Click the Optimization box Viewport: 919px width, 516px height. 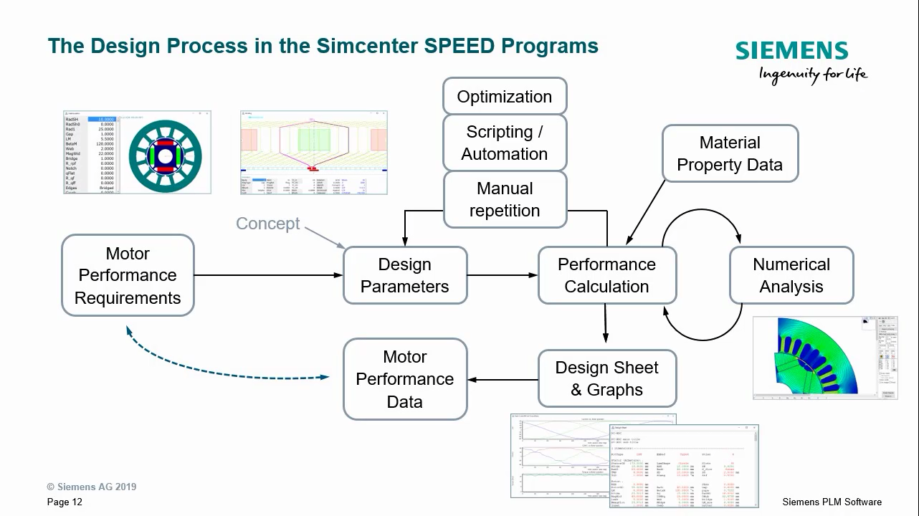(505, 96)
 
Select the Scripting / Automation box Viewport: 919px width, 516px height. (505, 143)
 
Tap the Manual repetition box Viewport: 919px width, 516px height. (505, 199)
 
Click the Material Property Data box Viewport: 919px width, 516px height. (729, 153)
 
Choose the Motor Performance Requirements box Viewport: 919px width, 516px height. (128, 275)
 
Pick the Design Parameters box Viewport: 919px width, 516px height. (405, 275)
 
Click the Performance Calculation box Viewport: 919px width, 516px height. (606, 275)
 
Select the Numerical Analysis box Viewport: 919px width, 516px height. (791, 275)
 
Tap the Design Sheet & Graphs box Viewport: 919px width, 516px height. (606, 378)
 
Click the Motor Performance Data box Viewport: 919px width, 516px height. (405, 379)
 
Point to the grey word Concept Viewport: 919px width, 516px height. (268, 224)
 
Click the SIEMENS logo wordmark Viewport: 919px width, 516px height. (791, 51)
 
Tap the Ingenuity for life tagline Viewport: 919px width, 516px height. (812, 75)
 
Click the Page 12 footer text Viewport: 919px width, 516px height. (65, 502)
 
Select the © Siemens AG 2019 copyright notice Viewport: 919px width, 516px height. (92, 487)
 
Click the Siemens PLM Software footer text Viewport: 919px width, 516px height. (832, 502)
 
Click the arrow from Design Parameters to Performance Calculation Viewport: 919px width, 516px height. (502, 275)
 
